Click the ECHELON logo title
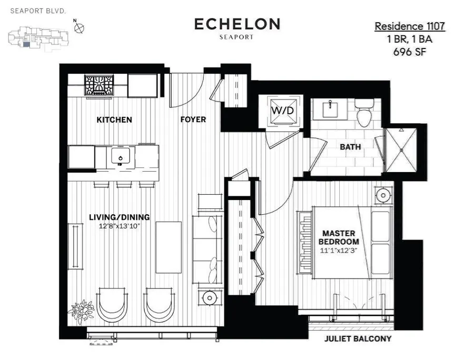(x=237, y=24)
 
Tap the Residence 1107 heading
(x=410, y=26)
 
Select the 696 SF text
(x=410, y=52)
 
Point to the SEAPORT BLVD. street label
(x=38, y=11)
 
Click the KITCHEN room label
(x=114, y=120)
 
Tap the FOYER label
(x=193, y=119)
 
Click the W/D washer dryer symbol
(x=283, y=111)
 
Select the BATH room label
(x=350, y=147)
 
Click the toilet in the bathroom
(x=364, y=113)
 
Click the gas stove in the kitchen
(x=99, y=85)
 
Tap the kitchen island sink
(x=121, y=156)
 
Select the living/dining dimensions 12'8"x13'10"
(x=120, y=226)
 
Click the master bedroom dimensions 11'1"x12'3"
(x=339, y=251)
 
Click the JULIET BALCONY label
(x=358, y=339)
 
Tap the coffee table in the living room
(x=169, y=247)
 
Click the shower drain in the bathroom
(x=401, y=150)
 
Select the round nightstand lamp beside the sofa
(x=209, y=298)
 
